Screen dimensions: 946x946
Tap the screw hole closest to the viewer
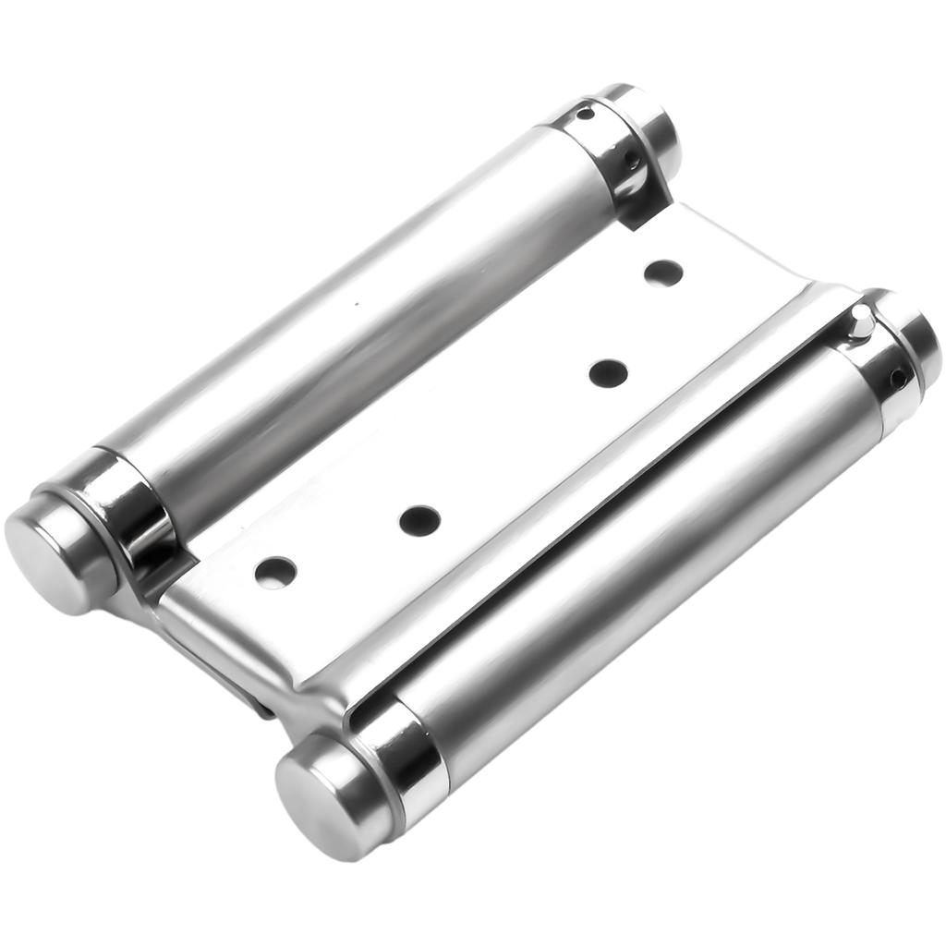click(275, 573)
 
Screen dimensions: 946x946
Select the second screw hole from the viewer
click(419, 520)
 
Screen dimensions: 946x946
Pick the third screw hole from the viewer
click(608, 373)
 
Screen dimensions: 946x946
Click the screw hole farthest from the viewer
click(663, 273)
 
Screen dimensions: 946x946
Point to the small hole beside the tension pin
click(897, 377)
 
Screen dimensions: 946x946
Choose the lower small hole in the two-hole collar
click(632, 161)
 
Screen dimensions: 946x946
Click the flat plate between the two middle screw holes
click(514, 447)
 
